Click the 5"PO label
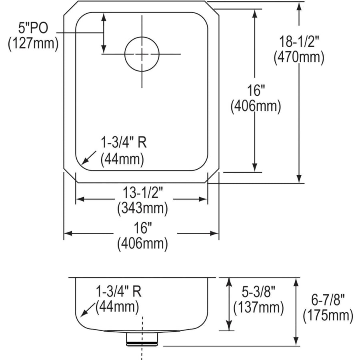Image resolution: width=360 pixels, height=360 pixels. pos(33,28)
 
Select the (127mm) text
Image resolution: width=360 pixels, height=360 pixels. pos(33,43)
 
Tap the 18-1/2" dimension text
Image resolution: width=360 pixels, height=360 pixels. pos(299,42)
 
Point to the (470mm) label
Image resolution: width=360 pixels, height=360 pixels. pos(299,57)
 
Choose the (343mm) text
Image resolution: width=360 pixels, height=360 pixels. pos(142,208)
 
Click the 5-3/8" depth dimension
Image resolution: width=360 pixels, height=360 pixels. pos(258,292)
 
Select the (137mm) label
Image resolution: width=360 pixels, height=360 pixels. pos(258,308)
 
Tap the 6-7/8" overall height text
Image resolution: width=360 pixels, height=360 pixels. pos(328,300)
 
